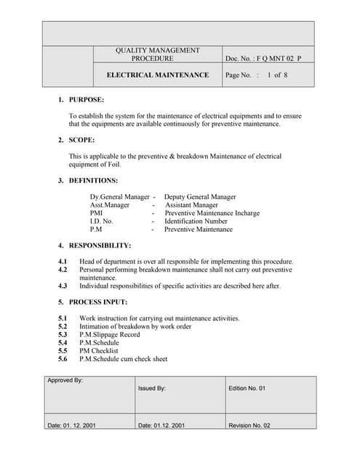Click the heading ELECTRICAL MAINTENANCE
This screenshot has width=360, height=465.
[x=158, y=75]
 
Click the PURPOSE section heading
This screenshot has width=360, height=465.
[x=86, y=100]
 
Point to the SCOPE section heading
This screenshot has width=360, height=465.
[x=81, y=139]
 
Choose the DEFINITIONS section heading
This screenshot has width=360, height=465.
[x=93, y=180]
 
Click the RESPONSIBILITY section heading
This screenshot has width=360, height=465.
[x=100, y=246]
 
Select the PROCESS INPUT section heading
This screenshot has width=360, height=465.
[x=98, y=302]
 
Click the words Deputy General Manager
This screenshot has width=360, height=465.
[x=200, y=197]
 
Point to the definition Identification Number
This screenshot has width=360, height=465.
[x=196, y=221]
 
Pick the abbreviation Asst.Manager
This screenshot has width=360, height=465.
[x=110, y=205]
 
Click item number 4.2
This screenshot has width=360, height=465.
[x=63, y=270]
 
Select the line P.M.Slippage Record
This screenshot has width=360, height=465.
[x=110, y=334]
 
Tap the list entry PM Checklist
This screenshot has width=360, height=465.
[x=99, y=350]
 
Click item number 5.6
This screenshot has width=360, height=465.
[x=63, y=358]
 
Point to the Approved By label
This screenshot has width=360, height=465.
[x=65, y=381]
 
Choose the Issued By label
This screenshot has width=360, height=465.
[x=152, y=389]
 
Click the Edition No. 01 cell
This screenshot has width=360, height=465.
[x=247, y=389]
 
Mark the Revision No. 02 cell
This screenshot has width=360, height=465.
[x=249, y=426]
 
